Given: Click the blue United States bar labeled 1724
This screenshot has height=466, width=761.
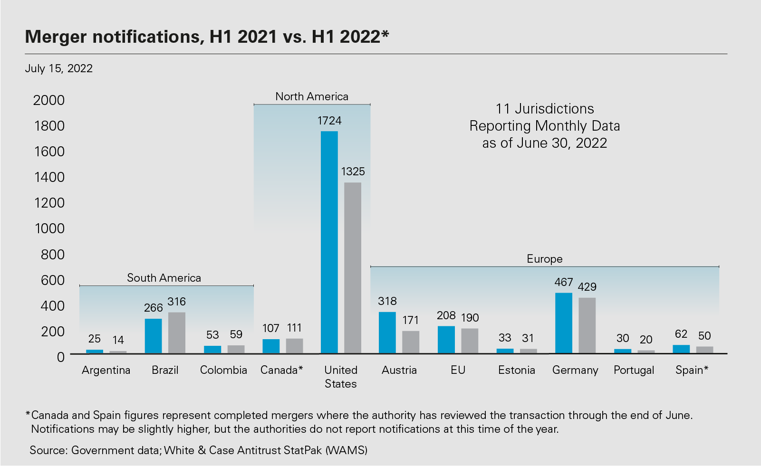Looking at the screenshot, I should pyautogui.click(x=329, y=242).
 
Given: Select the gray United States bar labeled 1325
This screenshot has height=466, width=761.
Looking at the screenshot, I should pyautogui.click(x=353, y=268).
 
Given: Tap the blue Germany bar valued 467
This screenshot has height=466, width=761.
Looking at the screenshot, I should pyautogui.click(x=564, y=323).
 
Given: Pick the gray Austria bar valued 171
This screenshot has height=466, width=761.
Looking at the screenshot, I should pyautogui.click(x=411, y=342).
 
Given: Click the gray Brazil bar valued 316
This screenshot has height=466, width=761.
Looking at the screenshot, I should pyautogui.click(x=177, y=333).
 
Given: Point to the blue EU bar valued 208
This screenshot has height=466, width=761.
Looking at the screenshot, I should pyautogui.click(x=446, y=340).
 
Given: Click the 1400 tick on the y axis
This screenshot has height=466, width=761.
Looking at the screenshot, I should pyautogui.click(x=49, y=177).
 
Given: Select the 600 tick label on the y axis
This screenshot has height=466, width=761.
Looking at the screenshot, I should pyautogui.click(x=52, y=280).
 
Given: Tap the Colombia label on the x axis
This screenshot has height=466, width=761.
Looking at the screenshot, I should pyautogui.click(x=223, y=370).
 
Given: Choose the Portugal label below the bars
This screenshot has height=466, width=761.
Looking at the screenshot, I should pyautogui.click(x=634, y=370).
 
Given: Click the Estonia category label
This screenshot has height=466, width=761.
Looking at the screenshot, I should pyautogui.click(x=516, y=370).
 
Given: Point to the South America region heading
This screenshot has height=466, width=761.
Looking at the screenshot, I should pyautogui.click(x=164, y=278).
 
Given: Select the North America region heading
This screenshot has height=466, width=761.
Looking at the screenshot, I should pyautogui.click(x=312, y=96).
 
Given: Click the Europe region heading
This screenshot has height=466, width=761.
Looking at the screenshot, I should pyautogui.click(x=545, y=259).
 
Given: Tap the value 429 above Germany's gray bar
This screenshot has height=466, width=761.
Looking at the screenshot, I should pyautogui.click(x=587, y=287).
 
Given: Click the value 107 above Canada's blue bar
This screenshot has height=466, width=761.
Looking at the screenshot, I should pyautogui.click(x=271, y=328).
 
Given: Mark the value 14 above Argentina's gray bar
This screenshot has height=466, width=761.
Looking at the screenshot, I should pyautogui.click(x=118, y=340).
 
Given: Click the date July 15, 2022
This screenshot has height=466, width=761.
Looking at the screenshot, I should pyautogui.click(x=58, y=68).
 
